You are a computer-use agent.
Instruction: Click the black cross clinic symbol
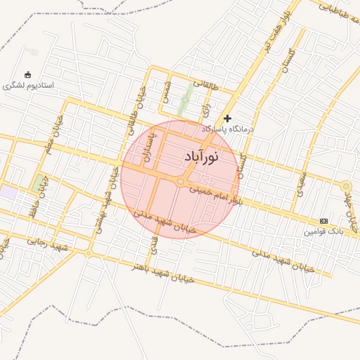tap(227, 118)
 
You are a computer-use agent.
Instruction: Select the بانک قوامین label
tap(323, 231)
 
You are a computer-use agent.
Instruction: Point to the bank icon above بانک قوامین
tap(323, 221)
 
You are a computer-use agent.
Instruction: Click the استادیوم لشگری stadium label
tap(28, 85)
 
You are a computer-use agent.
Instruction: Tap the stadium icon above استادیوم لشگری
tap(28, 75)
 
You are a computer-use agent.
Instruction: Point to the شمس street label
tap(167, 91)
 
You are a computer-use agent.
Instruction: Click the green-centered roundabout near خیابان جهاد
tap(345, 186)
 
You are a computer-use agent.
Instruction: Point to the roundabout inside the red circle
tap(181, 183)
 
